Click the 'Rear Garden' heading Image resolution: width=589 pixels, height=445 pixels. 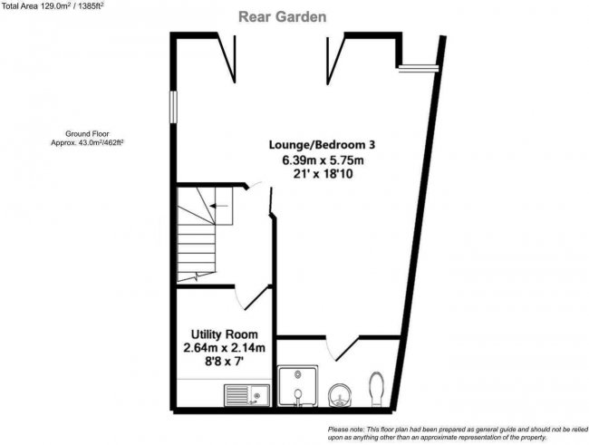point(282,16)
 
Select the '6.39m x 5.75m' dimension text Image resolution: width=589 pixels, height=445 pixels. point(322,160)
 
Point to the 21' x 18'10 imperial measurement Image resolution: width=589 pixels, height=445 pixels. point(322,176)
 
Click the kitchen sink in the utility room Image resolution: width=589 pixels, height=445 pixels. point(245,395)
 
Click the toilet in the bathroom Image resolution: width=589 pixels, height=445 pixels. point(380,388)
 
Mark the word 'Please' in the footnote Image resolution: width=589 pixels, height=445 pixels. point(340,429)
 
